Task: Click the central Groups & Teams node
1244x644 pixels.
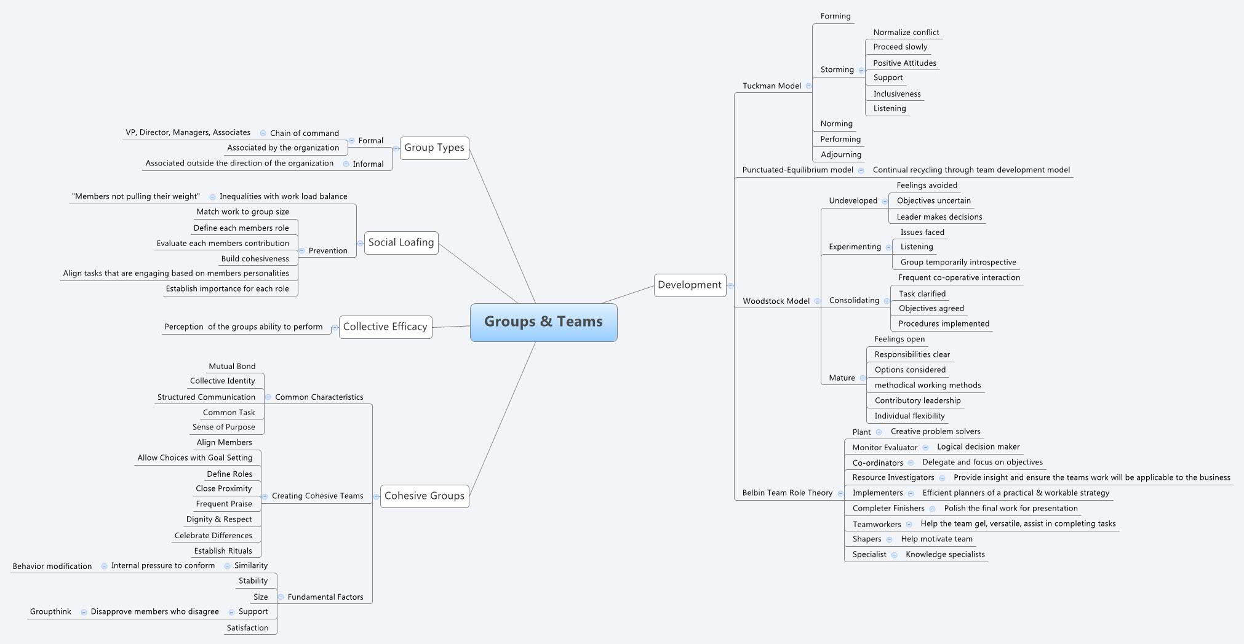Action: (x=543, y=322)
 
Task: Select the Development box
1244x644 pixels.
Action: (x=689, y=285)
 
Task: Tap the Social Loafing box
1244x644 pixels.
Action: (x=401, y=242)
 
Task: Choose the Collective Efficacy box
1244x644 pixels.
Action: (x=385, y=327)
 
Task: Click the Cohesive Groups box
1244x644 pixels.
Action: (x=424, y=496)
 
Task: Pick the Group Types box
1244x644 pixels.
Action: (x=434, y=148)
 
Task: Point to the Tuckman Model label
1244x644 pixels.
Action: (x=772, y=86)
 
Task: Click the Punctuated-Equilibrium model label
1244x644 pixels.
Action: (x=797, y=170)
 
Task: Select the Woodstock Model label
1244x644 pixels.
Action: (x=776, y=301)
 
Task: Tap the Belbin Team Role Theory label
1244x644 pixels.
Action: (x=787, y=493)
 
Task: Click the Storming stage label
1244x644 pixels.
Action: (x=837, y=70)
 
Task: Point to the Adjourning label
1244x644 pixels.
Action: (x=840, y=154)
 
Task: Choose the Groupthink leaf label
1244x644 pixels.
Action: (x=50, y=611)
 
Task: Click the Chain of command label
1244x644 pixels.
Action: (x=304, y=133)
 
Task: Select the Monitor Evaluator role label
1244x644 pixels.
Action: (x=884, y=447)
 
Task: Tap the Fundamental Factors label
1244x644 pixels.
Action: (x=325, y=597)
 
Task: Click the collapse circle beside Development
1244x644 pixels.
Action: (x=730, y=285)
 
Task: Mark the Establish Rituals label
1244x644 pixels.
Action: (x=223, y=551)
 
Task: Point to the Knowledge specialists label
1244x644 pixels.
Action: (x=944, y=554)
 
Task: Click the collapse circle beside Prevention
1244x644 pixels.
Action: (x=301, y=251)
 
